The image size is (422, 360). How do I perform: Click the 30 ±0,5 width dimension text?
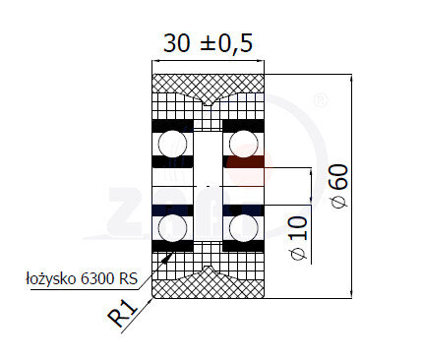click(x=209, y=43)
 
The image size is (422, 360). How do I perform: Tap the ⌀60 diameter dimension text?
click(x=339, y=186)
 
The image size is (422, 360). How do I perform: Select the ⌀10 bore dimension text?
click(x=299, y=237)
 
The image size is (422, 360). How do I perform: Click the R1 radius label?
click(x=122, y=314)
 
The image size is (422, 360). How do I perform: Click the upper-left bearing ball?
click(x=172, y=144)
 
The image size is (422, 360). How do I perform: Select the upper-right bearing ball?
click(x=244, y=144)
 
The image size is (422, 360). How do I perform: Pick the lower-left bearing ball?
click(x=172, y=228)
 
